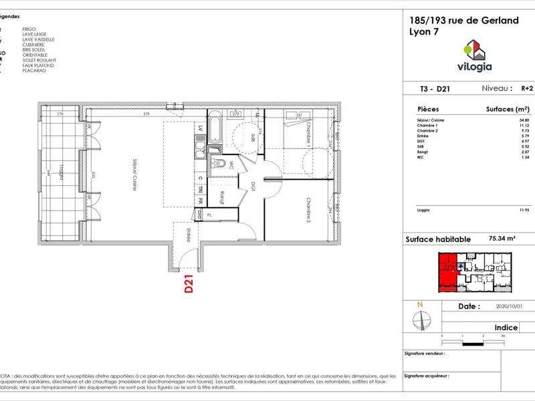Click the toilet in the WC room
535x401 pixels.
tap(217, 164)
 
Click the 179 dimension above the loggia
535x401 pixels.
tap(60, 114)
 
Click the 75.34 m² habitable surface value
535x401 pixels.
tap(502, 238)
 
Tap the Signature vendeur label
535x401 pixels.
tap(424, 352)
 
